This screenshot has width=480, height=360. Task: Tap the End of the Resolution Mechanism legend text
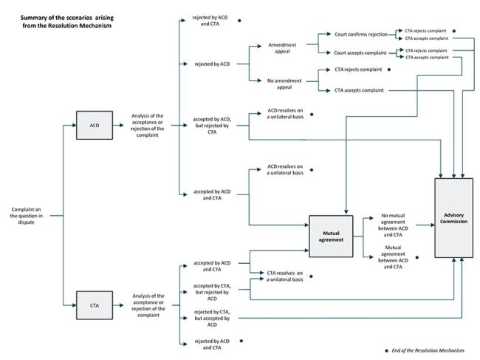[x=428, y=350]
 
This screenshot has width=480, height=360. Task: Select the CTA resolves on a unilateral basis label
[x=284, y=276]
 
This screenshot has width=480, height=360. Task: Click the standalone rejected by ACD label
[x=211, y=64]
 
